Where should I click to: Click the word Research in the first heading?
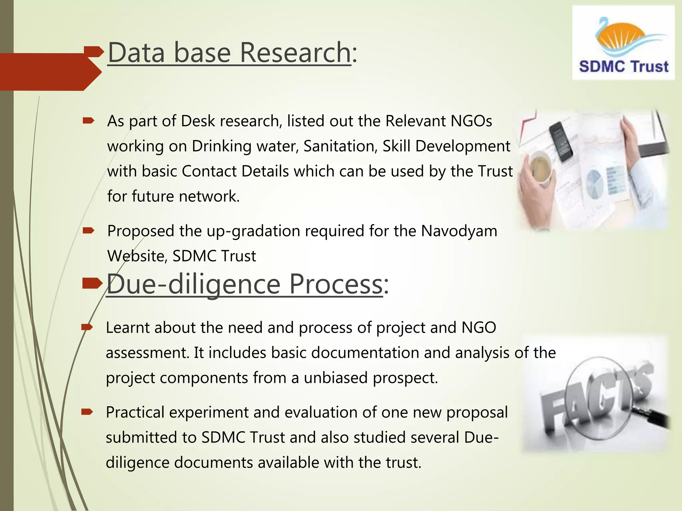click(x=295, y=53)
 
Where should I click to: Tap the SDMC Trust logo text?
click(x=623, y=67)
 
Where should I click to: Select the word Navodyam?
click(x=459, y=231)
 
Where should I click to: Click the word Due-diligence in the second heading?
click(x=193, y=284)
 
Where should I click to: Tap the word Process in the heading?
click(x=336, y=284)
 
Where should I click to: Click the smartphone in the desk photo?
click(x=561, y=141)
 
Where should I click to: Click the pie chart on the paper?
click(x=594, y=184)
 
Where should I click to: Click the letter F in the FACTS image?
click(x=553, y=413)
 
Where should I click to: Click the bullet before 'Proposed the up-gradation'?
click(x=89, y=231)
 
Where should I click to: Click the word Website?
click(x=137, y=256)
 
